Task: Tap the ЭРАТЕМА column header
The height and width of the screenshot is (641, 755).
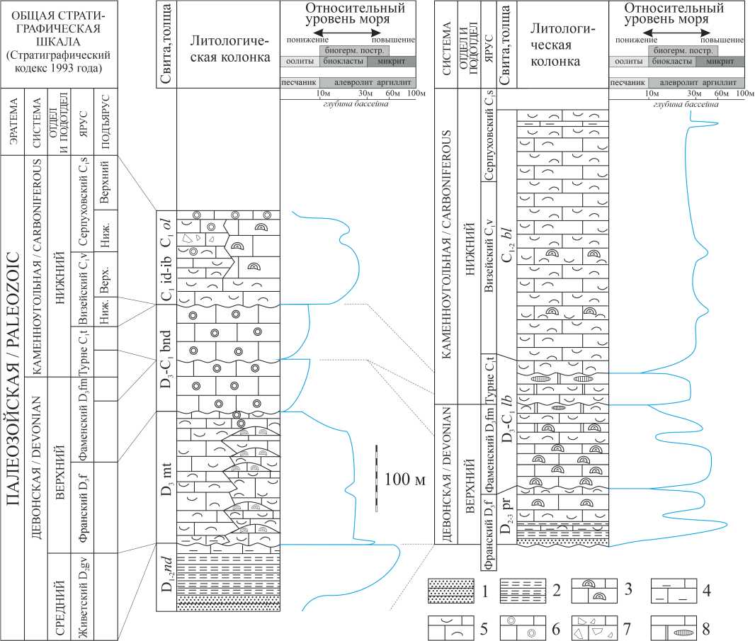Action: (x=13, y=122)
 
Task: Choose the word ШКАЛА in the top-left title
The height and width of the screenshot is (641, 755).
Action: (x=61, y=42)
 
